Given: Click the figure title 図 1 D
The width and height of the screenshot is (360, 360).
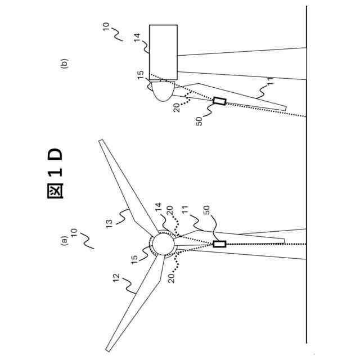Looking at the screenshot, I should tap(55, 174).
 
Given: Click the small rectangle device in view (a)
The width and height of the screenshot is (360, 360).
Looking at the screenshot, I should tap(219, 244).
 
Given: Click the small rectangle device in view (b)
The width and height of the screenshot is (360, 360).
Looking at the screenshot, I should tap(219, 101).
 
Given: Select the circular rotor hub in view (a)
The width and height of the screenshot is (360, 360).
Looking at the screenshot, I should tap(163, 244).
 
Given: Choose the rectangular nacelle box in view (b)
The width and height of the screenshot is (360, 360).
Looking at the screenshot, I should tap(163, 52).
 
